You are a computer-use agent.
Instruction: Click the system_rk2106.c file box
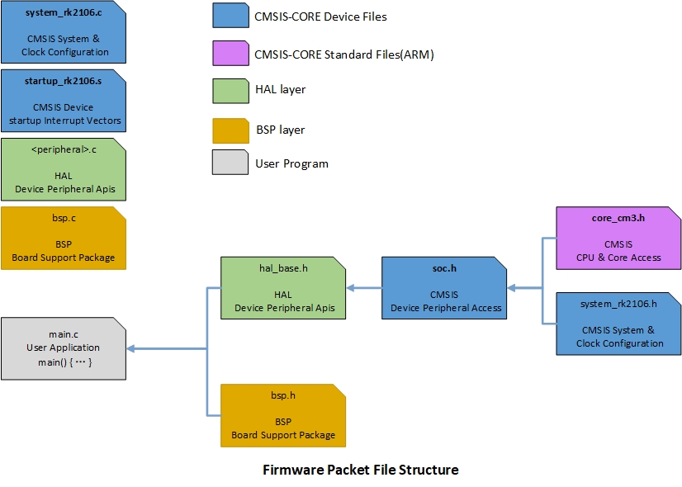click(x=64, y=33)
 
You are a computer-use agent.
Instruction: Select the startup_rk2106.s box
click(x=64, y=101)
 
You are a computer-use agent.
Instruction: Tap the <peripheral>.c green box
click(x=64, y=169)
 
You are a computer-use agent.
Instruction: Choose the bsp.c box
click(x=64, y=238)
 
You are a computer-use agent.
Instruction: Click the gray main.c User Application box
click(x=64, y=349)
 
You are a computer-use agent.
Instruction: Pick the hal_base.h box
click(x=283, y=288)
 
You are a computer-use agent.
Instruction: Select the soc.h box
click(x=444, y=288)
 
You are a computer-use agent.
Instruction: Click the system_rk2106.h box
click(x=619, y=324)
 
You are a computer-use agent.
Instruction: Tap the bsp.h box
click(x=283, y=415)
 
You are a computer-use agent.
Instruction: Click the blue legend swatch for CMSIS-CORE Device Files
click(x=230, y=17)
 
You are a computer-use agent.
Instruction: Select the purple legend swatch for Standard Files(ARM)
click(x=230, y=54)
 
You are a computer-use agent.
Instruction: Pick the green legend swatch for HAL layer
click(x=230, y=90)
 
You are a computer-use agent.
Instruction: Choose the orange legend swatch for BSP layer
click(x=230, y=130)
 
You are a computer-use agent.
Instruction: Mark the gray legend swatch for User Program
click(x=230, y=163)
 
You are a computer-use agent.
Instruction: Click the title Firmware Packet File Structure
click(x=360, y=470)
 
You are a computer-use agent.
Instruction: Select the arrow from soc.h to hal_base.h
click(x=364, y=288)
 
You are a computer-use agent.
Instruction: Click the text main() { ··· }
click(x=64, y=363)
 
